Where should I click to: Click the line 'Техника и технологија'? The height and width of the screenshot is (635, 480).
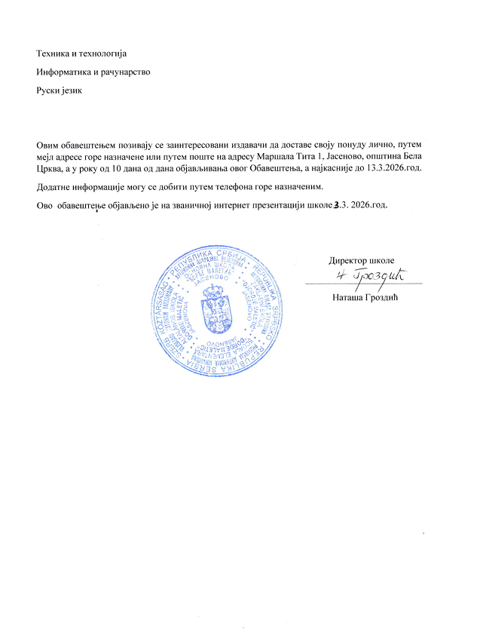82,54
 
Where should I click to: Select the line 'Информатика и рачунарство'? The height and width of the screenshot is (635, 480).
93,72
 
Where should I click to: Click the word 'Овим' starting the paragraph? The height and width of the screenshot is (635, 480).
49,143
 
